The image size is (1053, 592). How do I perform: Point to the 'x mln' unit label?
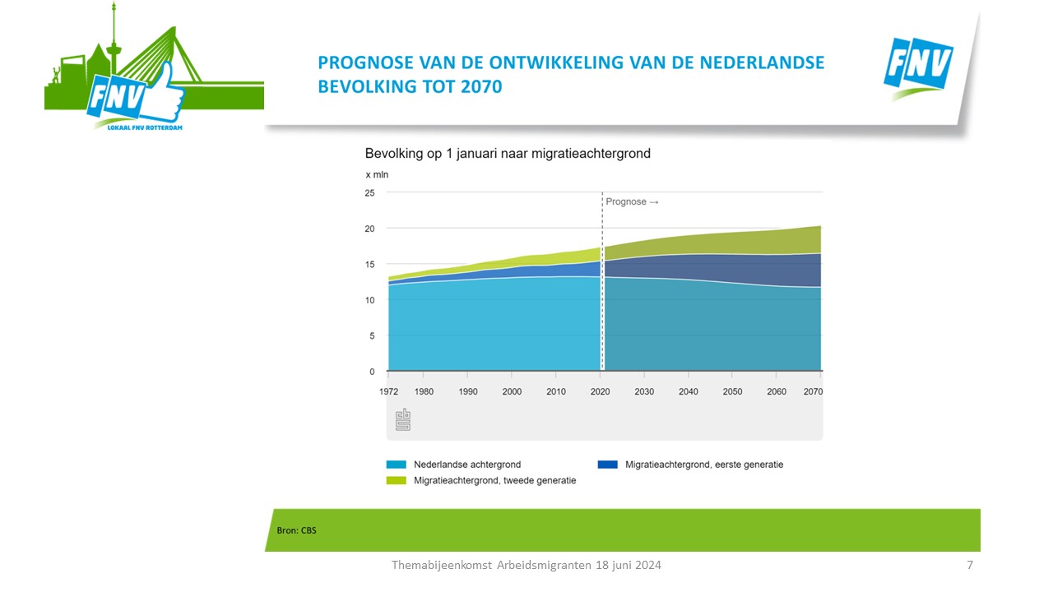click(377, 174)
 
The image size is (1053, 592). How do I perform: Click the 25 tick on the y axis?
click(369, 192)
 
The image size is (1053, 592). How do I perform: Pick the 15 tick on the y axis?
click(369, 264)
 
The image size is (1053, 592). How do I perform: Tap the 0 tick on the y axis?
click(372, 372)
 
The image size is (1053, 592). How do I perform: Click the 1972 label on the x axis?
click(388, 391)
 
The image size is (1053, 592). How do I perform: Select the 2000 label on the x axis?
click(512, 391)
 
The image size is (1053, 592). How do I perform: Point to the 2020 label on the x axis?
click(601, 391)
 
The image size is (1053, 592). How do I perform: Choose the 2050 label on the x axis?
click(732, 391)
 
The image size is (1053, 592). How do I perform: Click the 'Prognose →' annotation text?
click(633, 201)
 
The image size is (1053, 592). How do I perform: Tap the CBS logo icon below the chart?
click(403, 419)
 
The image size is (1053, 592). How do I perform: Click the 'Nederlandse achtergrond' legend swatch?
click(396, 465)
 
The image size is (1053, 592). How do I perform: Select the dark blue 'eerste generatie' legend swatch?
click(607, 465)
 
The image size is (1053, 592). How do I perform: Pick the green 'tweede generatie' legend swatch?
click(396, 480)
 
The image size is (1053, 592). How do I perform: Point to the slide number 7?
click(970, 565)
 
